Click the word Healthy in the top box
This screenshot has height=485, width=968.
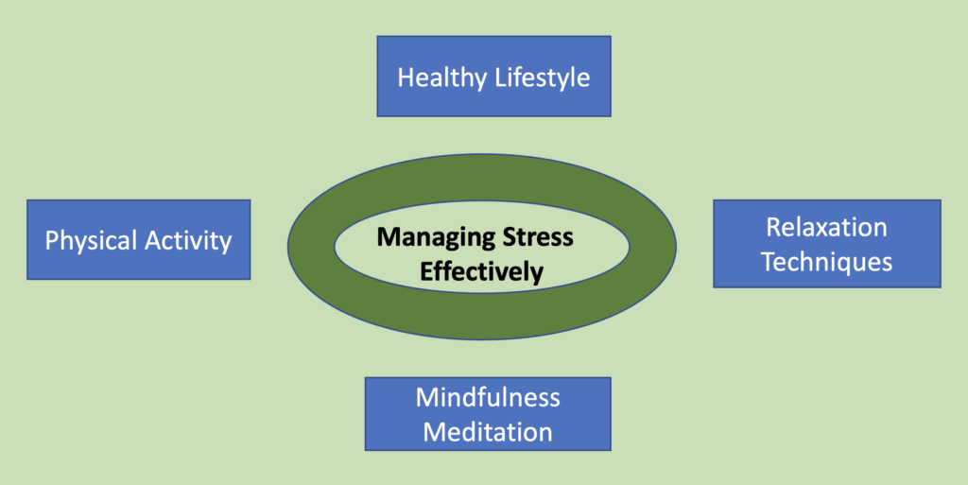click(x=441, y=78)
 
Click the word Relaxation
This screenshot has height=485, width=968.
click(x=826, y=227)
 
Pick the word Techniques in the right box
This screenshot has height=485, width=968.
click(x=826, y=262)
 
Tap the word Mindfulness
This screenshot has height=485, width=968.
click(x=488, y=397)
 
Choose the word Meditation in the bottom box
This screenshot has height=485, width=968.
click(x=488, y=433)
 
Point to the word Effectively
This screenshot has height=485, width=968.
click(x=481, y=272)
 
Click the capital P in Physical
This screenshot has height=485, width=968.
click(x=52, y=240)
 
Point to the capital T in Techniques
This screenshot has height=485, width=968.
click(x=769, y=262)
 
